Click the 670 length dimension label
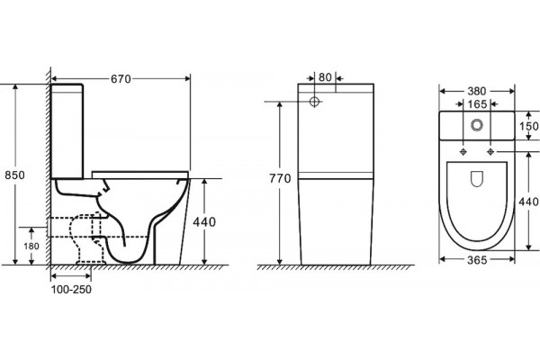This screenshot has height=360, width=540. click(x=121, y=79)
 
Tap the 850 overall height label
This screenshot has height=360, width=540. click(x=14, y=175)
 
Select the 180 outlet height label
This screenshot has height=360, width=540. click(x=31, y=246)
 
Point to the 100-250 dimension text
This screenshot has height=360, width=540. click(x=71, y=290)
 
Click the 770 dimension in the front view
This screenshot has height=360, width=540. click(x=280, y=178)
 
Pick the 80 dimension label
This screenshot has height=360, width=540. click(x=325, y=77)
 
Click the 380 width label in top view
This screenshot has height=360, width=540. click(x=477, y=91)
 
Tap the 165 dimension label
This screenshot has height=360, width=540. click(x=477, y=104)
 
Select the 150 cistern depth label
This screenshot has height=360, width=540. click(x=529, y=126)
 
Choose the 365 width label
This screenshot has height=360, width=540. click(x=477, y=260)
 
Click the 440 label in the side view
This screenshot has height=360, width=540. click(x=204, y=222)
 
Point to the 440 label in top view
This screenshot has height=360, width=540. click(x=528, y=202)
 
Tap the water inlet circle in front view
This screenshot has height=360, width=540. click(x=314, y=102)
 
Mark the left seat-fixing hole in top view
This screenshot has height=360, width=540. click(x=463, y=151)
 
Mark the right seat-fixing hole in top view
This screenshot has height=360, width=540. click(x=490, y=151)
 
